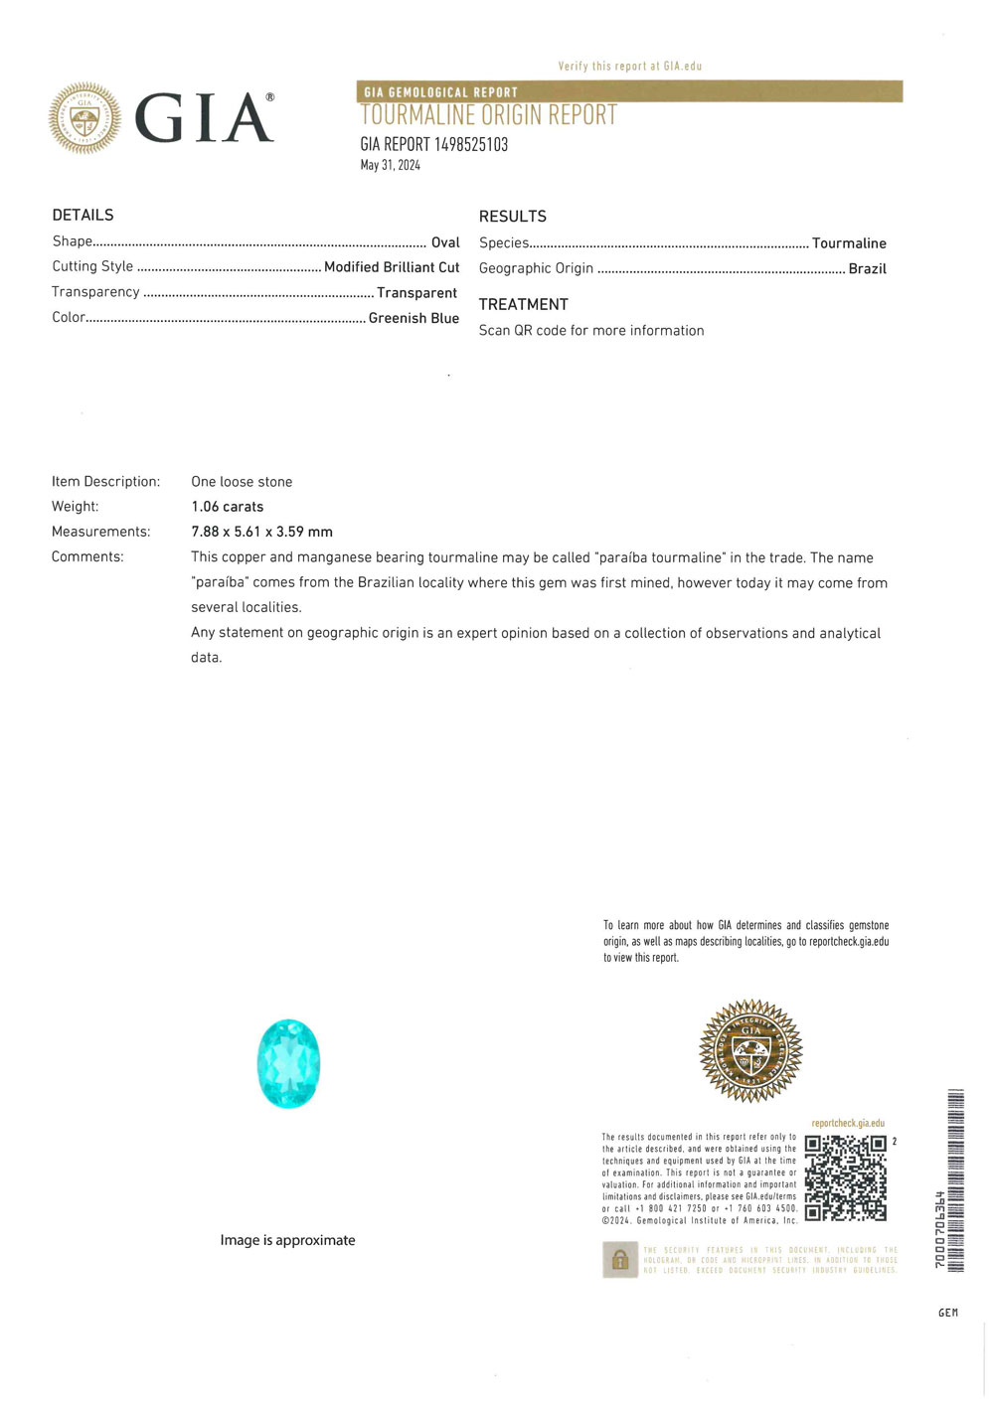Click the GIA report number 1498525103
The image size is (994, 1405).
pyautogui.click(x=433, y=144)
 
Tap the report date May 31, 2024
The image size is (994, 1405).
pyautogui.click(x=390, y=165)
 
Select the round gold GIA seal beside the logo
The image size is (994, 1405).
pyautogui.click(x=84, y=118)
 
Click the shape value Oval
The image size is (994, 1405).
pyautogui.click(x=445, y=242)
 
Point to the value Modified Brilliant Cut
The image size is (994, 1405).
pyautogui.click(x=392, y=267)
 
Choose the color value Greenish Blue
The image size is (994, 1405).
pyautogui.click(x=414, y=318)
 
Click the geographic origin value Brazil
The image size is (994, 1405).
pyautogui.click(x=867, y=268)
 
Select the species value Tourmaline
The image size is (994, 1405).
pyautogui.click(x=849, y=243)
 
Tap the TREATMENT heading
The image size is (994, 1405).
pyautogui.click(x=523, y=304)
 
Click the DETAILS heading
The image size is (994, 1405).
pyautogui.click(x=83, y=215)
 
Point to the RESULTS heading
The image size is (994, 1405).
pyautogui.click(x=512, y=216)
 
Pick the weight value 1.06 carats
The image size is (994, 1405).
pyautogui.click(x=227, y=507)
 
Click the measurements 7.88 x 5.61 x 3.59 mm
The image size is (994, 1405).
pyautogui.click(x=261, y=532)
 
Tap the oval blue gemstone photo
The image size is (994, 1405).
pyautogui.click(x=288, y=1063)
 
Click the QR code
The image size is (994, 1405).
pyautogui.click(x=845, y=1177)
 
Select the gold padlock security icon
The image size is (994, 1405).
pyautogui.click(x=619, y=1260)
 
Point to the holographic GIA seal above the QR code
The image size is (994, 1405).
pyautogui.click(x=750, y=1051)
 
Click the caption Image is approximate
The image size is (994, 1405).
pyautogui.click(x=287, y=1240)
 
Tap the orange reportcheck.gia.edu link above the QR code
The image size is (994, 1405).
pyautogui.click(x=847, y=1124)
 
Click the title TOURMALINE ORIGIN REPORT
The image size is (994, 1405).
pyautogui.click(x=488, y=116)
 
